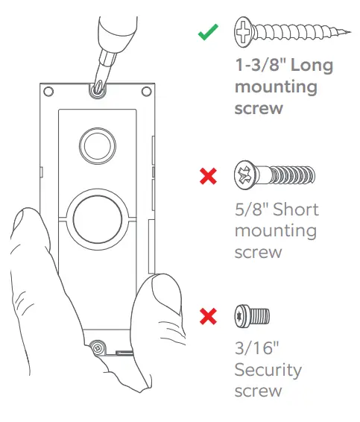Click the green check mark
(x=208, y=34)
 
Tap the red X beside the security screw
(x=209, y=316)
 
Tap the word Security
(x=268, y=370)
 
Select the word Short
(x=297, y=209)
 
